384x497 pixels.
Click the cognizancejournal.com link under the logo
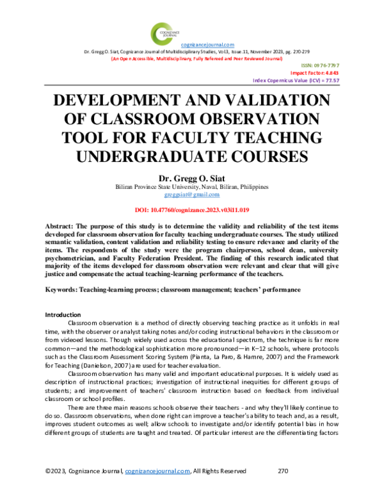click(x=207, y=44)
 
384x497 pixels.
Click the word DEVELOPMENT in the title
click(x=122, y=102)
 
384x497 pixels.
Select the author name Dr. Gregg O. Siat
click(x=192, y=177)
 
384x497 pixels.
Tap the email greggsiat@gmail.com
click(x=192, y=194)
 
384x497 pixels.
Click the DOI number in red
click(x=192, y=209)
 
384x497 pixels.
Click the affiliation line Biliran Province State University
click(x=192, y=186)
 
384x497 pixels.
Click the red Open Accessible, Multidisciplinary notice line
click(x=196, y=58)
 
